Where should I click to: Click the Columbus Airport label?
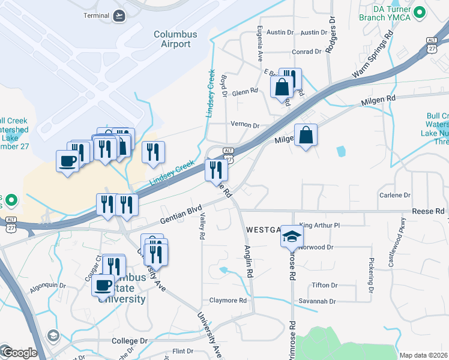(175, 39)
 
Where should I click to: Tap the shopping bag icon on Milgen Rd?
(306, 135)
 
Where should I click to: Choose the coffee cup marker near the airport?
(67, 160)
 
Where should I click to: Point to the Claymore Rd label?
(228, 301)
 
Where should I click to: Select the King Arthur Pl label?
(319, 225)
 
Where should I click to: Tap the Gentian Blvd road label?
(180, 214)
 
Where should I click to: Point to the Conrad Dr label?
(307, 52)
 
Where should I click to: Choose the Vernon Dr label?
(245, 125)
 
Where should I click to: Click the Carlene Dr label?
(395, 195)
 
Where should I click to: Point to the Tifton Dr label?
(324, 285)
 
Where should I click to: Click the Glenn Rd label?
(244, 91)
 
